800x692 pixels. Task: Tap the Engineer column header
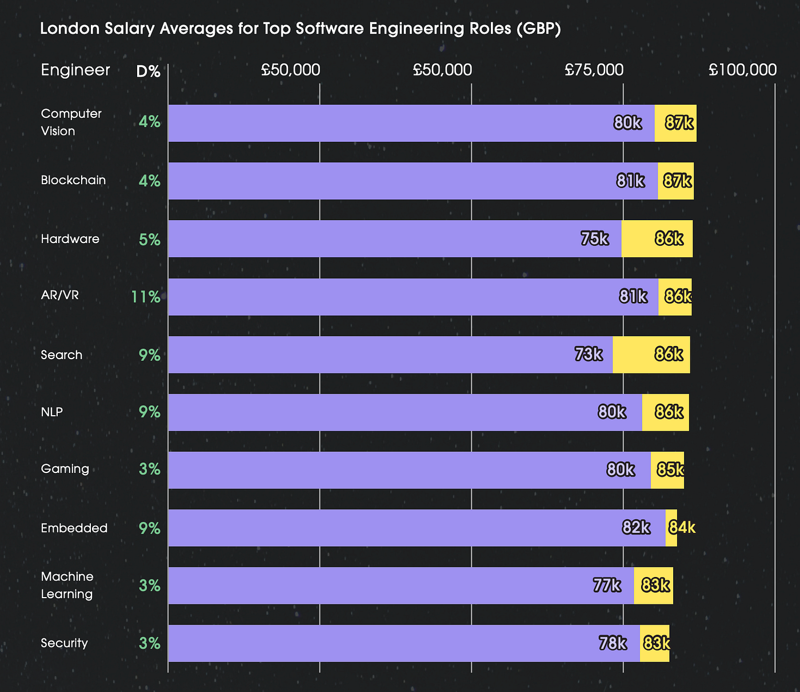pyautogui.click(x=75, y=70)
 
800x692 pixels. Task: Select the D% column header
pyautogui.click(x=148, y=71)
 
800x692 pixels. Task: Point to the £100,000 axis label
pyautogui.click(x=742, y=70)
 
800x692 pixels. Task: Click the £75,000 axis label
pyautogui.click(x=594, y=70)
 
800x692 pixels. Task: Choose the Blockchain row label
pyautogui.click(x=73, y=180)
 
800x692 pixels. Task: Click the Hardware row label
pyautogui.click(x=70, y=238)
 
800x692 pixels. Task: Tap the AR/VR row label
pyautogui.click(x=59, y=295)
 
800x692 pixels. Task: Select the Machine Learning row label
pyautogui.click(x=67, y=585)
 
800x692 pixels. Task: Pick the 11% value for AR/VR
pyautogui.click(x=146, y=297)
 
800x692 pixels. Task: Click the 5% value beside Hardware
pyautogui.click(x=149, y=240)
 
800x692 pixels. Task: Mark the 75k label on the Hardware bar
pyautogui.click(x=594, y=238)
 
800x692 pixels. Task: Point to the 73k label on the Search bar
pyautogui.click(x=589, y=354)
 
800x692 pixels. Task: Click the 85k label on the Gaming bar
pyautogui.click(x=670, y=470)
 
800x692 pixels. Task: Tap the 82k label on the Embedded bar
pyautogui.click(x=636, y=527)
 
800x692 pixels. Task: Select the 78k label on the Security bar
pyautogui.click(x=613, y=643)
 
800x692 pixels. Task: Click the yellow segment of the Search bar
pyautogui.click(x=651, y=355)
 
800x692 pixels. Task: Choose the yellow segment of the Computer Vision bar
pyautogui.click(x=675, y=123)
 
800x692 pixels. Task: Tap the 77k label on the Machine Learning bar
pyautogui.click(x=607, y=585)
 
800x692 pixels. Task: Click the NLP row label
pyautogui.click(x=52, y=412)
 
